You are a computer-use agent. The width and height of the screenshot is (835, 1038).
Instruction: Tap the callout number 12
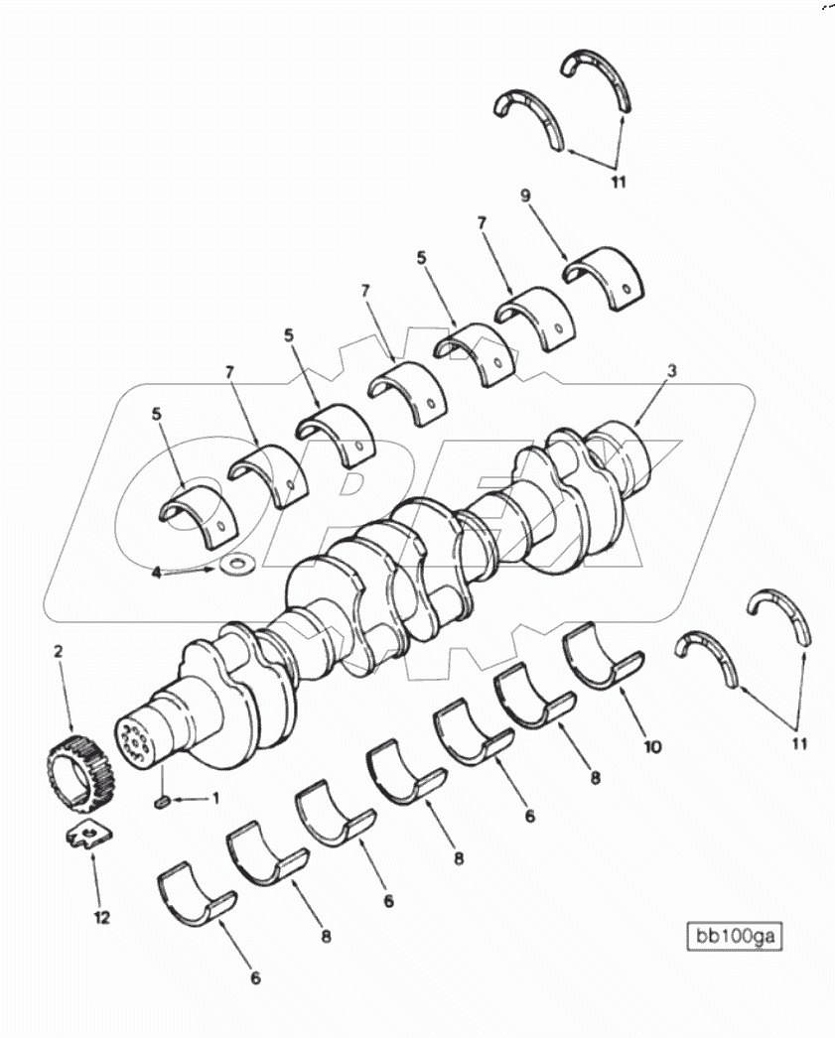102,918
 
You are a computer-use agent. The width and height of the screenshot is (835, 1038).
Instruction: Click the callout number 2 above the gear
58,651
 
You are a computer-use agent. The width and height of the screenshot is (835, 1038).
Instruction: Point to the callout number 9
526,196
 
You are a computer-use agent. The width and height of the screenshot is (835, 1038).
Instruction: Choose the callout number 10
651,745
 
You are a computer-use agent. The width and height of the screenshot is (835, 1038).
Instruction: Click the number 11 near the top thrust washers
618,182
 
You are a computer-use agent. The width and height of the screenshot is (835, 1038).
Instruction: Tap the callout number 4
156,574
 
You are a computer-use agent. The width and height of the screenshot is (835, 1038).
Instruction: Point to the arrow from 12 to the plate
97,878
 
